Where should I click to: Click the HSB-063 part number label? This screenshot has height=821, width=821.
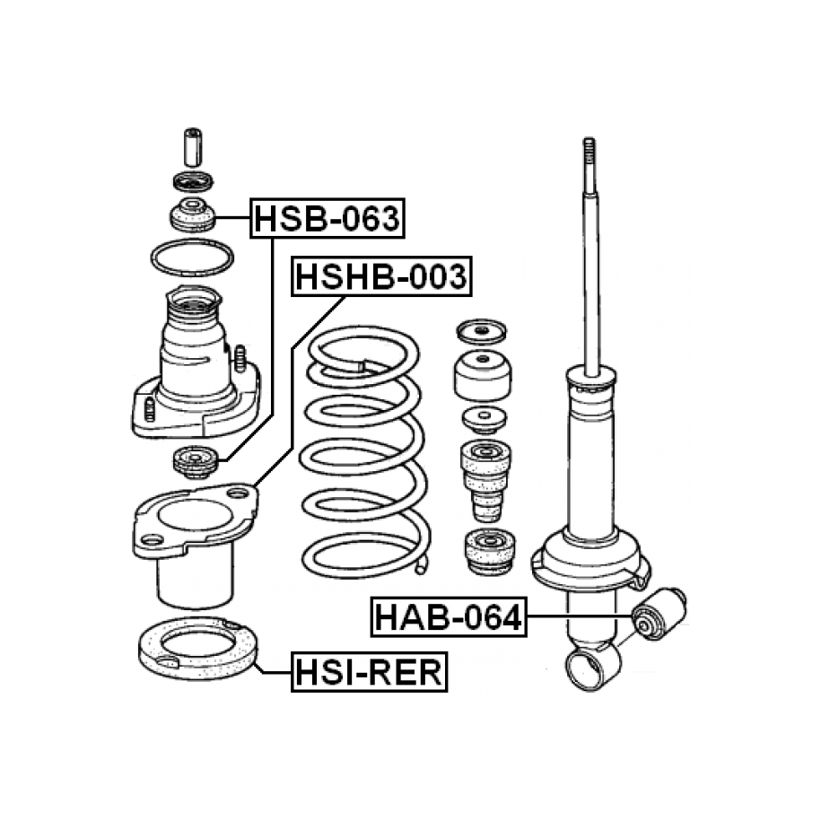(328, 218)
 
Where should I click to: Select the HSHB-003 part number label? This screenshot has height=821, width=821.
(381, 276)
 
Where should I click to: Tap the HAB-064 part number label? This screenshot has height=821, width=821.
(449, 616)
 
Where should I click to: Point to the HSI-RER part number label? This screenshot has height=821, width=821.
(369, 672)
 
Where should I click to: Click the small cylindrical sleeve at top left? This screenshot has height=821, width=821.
(193, 147)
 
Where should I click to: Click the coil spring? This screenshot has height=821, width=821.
(365, 450)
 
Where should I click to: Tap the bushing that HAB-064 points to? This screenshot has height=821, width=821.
(659, 614)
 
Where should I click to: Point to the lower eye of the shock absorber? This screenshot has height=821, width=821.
(593, 666)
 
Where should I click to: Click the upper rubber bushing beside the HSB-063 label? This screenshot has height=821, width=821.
(193, 214)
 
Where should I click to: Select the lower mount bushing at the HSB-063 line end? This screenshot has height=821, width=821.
(195, 461)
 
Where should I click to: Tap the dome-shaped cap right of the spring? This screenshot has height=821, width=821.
(482, 375)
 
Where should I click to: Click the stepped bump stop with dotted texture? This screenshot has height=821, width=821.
(486, 480)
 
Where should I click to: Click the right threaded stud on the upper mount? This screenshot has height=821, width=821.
(240, 358)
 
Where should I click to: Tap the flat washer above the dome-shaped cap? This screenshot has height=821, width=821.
(482, 331)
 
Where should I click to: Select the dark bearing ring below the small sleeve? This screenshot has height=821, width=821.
(193, 181)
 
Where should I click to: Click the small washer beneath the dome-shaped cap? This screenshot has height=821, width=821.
(485, 419)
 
